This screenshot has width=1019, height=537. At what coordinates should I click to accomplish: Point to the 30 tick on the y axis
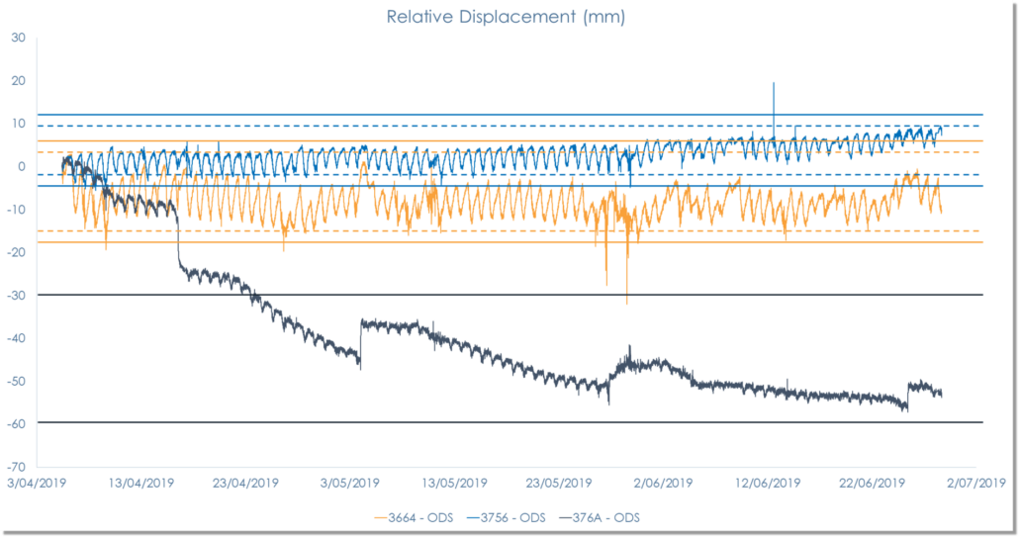point(18,38)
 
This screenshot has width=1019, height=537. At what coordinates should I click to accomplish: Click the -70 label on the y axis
point(16,466)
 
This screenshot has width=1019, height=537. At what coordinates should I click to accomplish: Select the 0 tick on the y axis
point(21,166)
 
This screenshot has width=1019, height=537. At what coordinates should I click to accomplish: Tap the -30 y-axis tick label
point(16,295)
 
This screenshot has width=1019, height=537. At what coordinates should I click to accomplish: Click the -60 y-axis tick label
point(16,423)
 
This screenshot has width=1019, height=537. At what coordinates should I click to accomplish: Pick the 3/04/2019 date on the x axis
point(37,484)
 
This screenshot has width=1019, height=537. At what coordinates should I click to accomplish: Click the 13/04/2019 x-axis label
point(141,484)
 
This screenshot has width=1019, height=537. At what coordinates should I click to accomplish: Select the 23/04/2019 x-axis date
point(246,484)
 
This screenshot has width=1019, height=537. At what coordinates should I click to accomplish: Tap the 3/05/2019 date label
point(350,484)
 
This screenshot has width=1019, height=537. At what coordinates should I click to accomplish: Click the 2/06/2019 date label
point(663,484)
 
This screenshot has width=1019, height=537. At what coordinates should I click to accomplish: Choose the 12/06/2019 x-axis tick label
point(768,484)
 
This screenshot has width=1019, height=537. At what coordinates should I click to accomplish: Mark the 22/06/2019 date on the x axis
point(872,484)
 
